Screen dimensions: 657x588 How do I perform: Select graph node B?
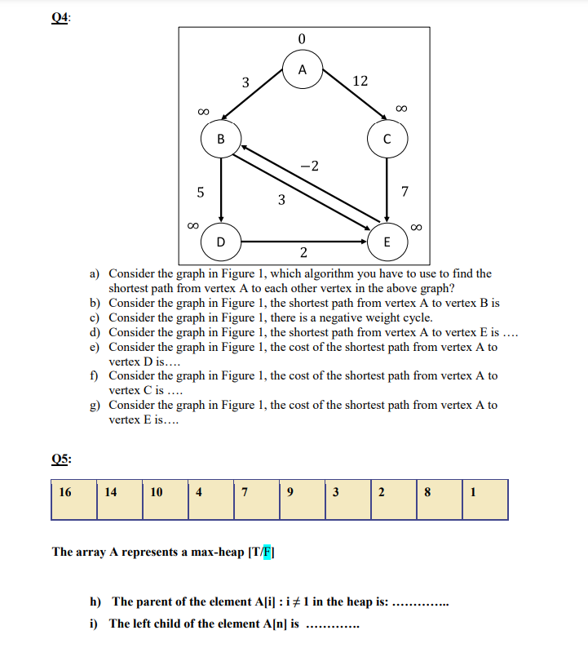click(220, 139)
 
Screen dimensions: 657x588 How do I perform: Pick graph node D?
click(220, 242)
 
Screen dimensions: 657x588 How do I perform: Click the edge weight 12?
click(360, 81)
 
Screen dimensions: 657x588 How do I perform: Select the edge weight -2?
click(309, 166)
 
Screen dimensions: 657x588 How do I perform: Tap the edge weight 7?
click(405, 193)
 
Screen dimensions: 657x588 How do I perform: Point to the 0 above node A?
click(302, 38)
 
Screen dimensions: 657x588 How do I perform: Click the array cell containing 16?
click(73, 499)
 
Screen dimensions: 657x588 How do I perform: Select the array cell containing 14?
click(119, 499)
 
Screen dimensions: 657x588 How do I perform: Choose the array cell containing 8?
click(439, 499)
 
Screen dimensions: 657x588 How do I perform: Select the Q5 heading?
click(60, 459)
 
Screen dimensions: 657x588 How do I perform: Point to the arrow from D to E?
click(302, 242)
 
